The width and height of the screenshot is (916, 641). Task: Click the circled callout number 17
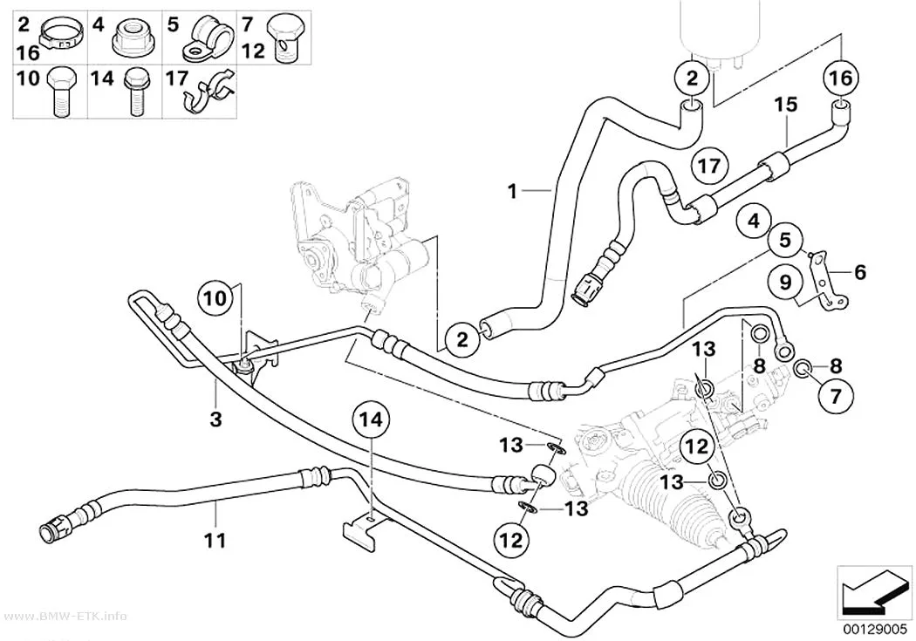coord(709,167)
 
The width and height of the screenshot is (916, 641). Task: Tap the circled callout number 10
coord(215,299)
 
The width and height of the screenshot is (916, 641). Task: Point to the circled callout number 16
coord(841,78)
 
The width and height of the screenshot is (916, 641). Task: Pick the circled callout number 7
coord(836,397)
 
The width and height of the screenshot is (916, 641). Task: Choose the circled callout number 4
coord(755,222)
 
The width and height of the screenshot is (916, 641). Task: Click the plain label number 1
coord(512,191)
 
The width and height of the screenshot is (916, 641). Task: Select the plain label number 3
coord(216,419)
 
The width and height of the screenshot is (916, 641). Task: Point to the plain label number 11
coord(215,541)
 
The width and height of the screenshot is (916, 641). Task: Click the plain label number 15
coord(786,105)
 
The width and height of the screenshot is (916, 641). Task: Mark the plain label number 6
coord(860,272)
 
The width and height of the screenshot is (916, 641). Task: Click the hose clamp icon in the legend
coord(61,33)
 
